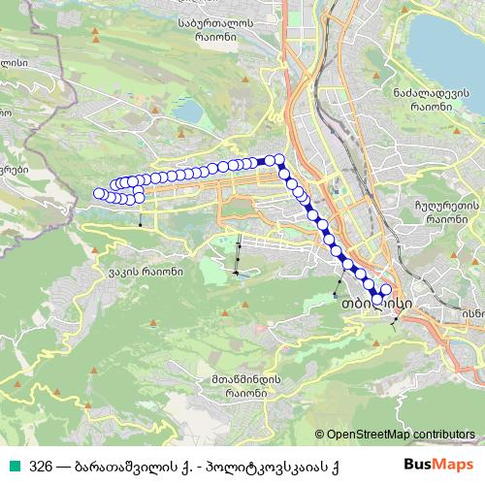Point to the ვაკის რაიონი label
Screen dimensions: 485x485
point(146,272)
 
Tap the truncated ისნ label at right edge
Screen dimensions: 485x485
point(472,313)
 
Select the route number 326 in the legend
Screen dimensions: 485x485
point(41,465)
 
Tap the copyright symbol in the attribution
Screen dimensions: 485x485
point(321,434)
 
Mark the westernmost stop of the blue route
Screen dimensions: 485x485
point(98,194)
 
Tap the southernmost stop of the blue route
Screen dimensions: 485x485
point(377,299)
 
